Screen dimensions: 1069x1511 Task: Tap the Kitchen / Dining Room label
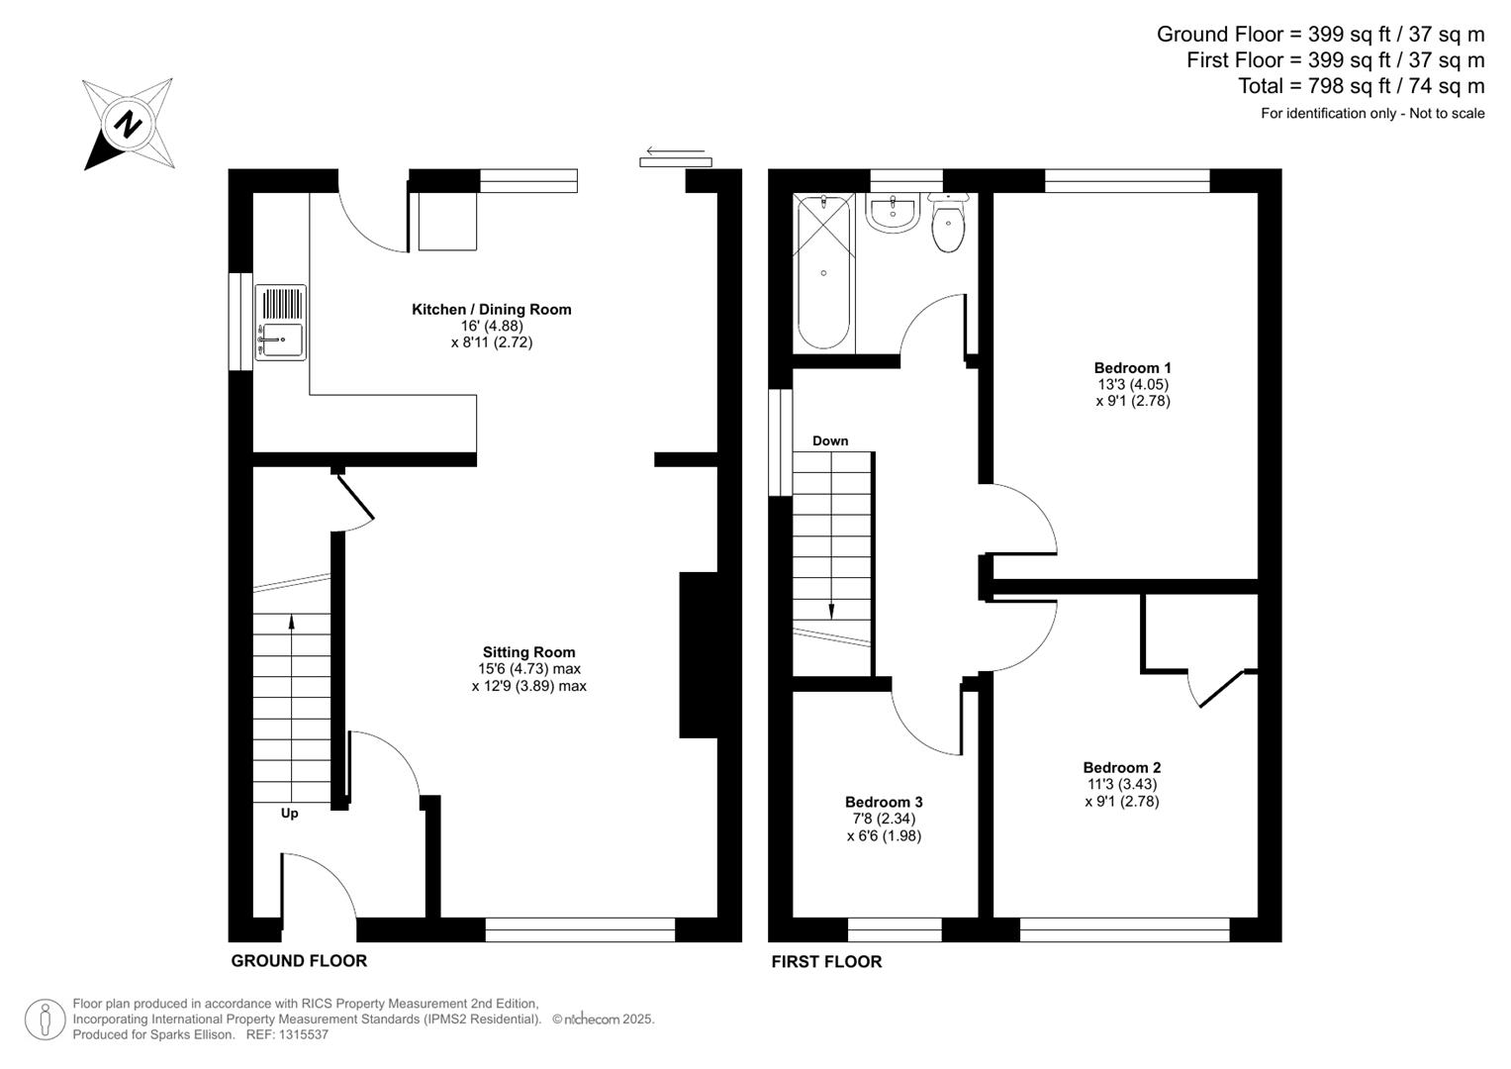(491, 310)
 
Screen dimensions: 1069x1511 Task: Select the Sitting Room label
(528, 652)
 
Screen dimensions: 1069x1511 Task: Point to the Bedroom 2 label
(1121, 767)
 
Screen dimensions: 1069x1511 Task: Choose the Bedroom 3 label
(884, 802)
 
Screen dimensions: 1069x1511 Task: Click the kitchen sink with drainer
(281, 323)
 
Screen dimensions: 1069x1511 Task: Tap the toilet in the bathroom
(948, 227)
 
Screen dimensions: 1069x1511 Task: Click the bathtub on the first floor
(823, 272)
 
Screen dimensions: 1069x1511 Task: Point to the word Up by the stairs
(289, 814)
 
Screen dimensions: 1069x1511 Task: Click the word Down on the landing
(830, 440)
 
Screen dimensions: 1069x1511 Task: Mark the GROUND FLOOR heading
(299, 961)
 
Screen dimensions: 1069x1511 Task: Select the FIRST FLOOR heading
(826, 961)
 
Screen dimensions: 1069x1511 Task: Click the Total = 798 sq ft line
(1361, 86)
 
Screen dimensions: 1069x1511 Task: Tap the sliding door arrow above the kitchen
(675, 151)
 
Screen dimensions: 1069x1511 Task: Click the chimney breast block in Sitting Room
(698, 654)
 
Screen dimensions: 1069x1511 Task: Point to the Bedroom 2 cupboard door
(1220, 688)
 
